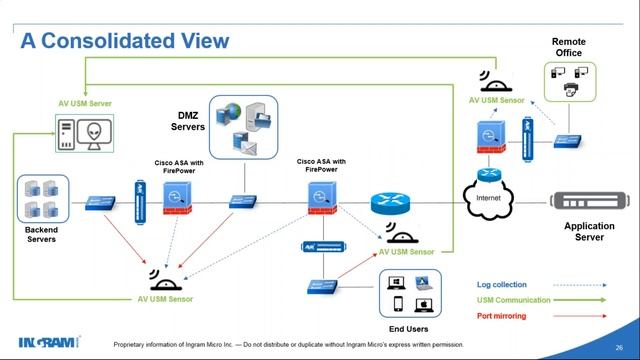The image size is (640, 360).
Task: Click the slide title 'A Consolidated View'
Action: (126, 41)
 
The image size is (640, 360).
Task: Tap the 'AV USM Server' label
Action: (83, 103)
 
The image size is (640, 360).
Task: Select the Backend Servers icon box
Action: (42, 199)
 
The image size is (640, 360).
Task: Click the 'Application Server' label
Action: (589, 232)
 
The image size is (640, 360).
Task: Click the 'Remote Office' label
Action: (569, 47)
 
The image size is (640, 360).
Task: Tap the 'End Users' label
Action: (408, 328)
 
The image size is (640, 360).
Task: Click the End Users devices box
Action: (410, 293)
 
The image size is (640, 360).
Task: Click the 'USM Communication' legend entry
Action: (513, 300)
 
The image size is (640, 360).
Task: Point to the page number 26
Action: (617, 345)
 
